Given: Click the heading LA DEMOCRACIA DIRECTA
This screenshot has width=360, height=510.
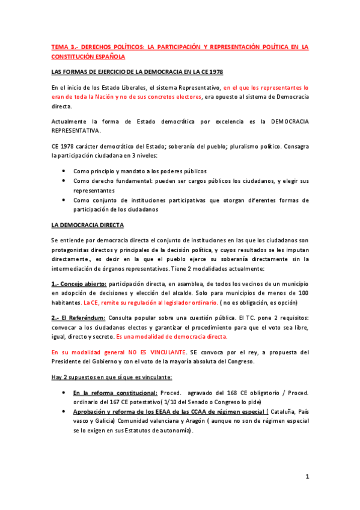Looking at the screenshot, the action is click(x=87, y=225).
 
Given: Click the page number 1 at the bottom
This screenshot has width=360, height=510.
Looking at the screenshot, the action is click(x=307, y=478).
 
